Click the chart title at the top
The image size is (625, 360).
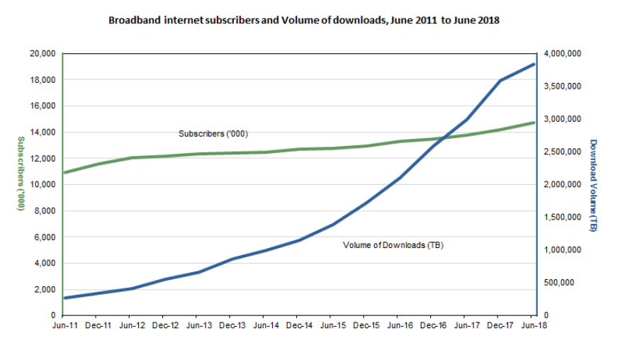click(x=304, y=21)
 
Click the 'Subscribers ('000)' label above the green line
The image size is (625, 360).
click(x=213, y=133)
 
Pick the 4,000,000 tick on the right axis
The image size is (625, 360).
click(x=561, y=54)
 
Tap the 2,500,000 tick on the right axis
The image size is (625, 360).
click(x=561, y=152)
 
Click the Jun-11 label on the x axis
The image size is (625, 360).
click(x=64, y=325)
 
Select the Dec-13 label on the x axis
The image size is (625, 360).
click(x=230, y=325)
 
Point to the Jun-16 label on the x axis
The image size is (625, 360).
click(x=398, y=325)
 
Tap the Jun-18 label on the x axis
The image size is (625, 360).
click(x=531, y=325)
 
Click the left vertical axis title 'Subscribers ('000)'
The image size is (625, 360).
click(x=21, y=174)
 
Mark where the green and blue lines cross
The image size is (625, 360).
click(x=444, y=137)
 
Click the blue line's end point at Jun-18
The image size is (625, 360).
click(x=532, y=64)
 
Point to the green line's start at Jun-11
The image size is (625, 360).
click(x=64, y=172)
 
